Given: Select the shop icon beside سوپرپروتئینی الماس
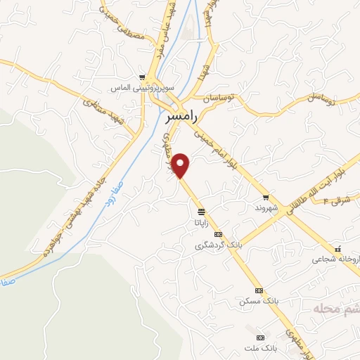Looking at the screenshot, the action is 143,78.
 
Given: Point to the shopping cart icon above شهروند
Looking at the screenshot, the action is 265,198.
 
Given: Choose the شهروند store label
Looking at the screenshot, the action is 267,209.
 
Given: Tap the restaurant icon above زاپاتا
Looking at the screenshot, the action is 201,212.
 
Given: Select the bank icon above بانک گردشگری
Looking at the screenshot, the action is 218,235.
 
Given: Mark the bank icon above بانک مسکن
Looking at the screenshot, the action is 259,290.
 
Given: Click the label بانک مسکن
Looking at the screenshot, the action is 259,301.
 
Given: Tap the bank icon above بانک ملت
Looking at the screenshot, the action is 262,337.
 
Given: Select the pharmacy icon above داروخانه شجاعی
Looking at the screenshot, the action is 338,248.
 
